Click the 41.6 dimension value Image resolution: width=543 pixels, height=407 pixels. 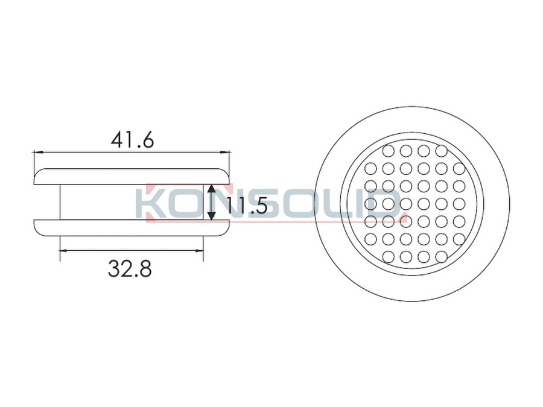132,140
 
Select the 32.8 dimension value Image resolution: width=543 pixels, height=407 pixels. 130,269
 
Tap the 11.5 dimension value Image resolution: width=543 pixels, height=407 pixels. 246,207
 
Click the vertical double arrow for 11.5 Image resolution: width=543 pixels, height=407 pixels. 211,202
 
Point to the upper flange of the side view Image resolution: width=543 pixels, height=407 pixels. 132,177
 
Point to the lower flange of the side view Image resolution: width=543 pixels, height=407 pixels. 132,228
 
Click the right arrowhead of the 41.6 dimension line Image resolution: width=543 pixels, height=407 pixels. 226,151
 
